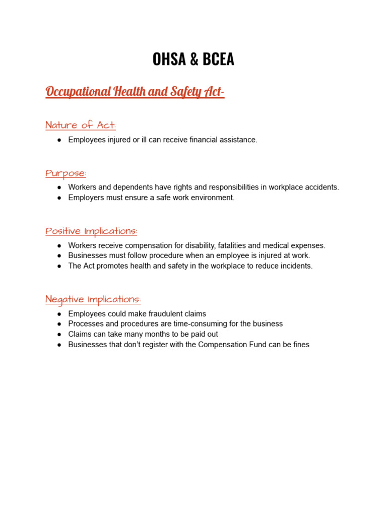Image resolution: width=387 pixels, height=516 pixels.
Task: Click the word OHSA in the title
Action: tap(170, 59)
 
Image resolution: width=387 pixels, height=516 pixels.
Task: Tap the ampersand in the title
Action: tap(194, 59)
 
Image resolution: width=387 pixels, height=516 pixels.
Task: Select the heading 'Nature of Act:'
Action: tap(81, 125)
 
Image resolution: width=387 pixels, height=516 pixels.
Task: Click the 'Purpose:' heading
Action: tap(66, 173)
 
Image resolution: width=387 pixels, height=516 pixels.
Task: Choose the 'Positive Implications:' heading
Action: tap(91, 231)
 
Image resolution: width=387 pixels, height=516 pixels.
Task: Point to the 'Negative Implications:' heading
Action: tap(93, 299)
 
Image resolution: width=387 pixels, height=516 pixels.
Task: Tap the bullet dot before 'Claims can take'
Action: tap(59, 334)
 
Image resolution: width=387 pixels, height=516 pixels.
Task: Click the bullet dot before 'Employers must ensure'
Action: tap(59, 198)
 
